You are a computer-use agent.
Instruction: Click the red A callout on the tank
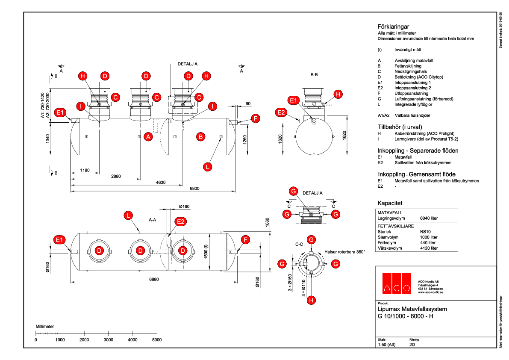[x=148, y=137]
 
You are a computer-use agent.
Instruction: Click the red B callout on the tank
[x=200, y=137]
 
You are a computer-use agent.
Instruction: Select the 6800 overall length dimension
[x=194, y=189]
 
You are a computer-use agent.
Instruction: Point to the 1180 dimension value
[x=85, y=171]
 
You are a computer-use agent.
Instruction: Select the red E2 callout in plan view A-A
[x=181, y=221]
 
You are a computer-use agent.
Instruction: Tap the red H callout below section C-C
[x=312, y=300]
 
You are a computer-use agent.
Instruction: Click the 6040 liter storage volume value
[x=429, y=218]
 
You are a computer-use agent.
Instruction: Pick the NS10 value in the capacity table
[x=425, y=231]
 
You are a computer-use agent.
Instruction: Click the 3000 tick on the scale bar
[x=109, y=339]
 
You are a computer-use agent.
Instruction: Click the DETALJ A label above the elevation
[x=187, y=64]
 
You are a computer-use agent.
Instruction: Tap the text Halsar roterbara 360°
[x=345, y=252]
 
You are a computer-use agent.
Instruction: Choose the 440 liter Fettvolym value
[x=429, y=242]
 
